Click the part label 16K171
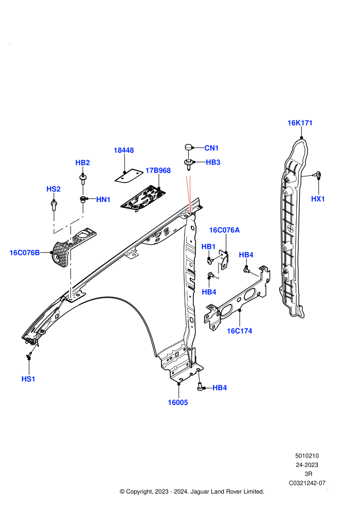(300, 123)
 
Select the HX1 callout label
(318, 199)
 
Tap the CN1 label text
(211, 148)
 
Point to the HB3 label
(213, 162)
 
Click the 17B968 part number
(158, 170)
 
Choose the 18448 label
(123, 150)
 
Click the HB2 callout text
(82, 162)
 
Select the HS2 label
(53, 189)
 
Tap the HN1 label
(103, 199)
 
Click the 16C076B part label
(25, 252)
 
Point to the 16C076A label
(224, 230)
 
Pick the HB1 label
(208, 247)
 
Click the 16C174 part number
(239, 331)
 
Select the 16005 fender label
(177, 403)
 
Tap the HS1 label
(28, 379)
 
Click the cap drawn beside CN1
(189, 148)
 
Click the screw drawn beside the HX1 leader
(318, 175)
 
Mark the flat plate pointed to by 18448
(129, 176)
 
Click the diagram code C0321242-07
(307, 483)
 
